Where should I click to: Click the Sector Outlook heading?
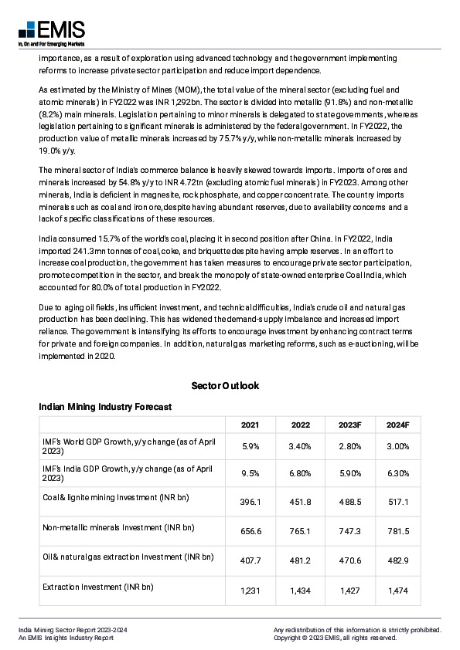click(x=225, y=385)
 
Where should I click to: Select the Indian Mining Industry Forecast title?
click(x=105, y=406)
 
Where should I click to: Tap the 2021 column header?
click(x=250, y=425)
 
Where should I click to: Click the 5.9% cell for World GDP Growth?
click(x=250, y=446)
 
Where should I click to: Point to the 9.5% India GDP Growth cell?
click(x=250, y=473)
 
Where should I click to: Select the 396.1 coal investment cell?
click(x=250, y=503)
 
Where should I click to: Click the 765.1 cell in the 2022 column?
click(x=301, y=532)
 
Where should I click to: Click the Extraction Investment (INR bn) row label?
click(x=98, y=587)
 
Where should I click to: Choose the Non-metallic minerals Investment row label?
click(x=118, y=527)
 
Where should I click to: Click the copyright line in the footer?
click(x=335, y=638)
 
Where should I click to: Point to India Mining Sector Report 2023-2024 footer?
click(x=73, y=631)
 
